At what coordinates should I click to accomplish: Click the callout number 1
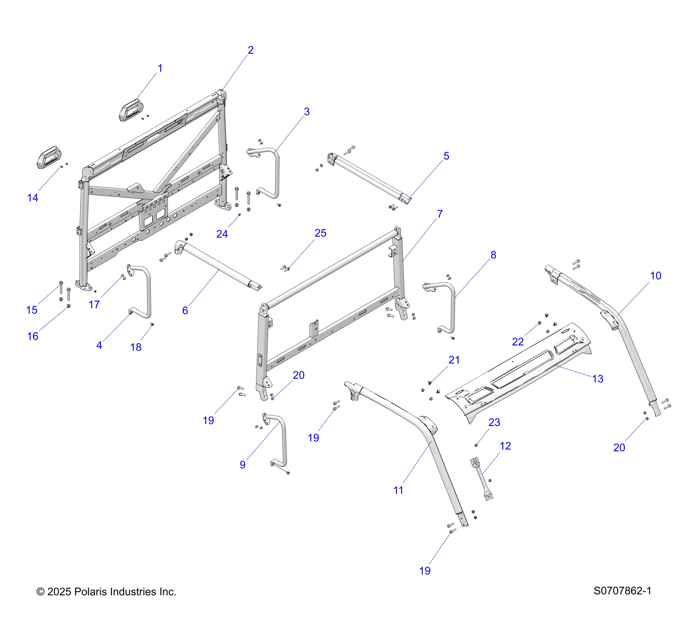[x=160, y=68]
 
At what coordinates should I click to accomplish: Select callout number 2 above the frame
[x=251, y=50]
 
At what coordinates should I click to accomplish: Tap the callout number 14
[x=33, y=198]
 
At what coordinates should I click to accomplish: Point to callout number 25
[x=320, y=233]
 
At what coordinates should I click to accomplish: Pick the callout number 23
[x=494, y=422]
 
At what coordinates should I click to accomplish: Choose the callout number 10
[x=656, y=276]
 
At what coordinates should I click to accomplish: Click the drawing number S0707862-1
[x=622, y=591]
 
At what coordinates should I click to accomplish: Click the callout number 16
[x=33, y=336]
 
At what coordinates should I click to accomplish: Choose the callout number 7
[x=440, y=214]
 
